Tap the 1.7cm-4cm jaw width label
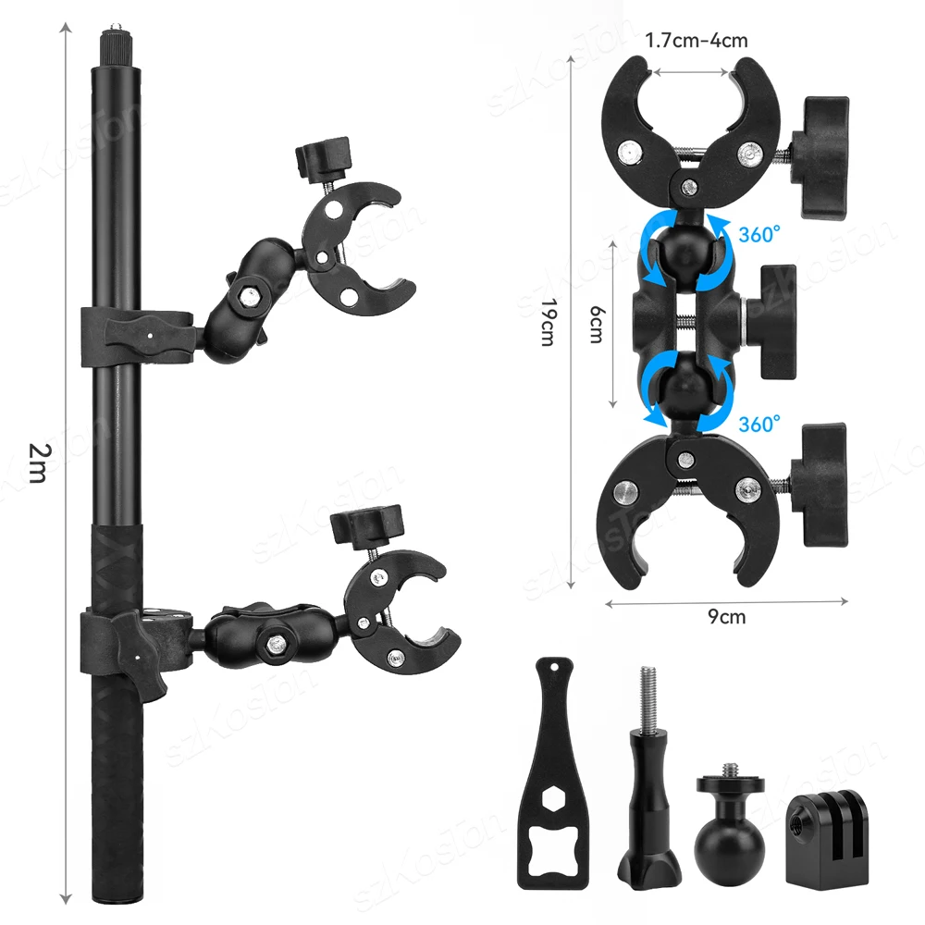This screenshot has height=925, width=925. pyautogui.click(x=697, y=41)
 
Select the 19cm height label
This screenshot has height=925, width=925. pyautogui.click(x=549, y=322)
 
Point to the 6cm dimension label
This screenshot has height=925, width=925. pyautogui.click(x=597, y=325)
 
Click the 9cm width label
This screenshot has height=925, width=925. pyautogui.click(x=727, y=616)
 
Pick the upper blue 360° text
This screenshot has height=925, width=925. pyautogui.click(x=759, y=234)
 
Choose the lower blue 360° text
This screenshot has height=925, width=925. pyautogui.click(x=759, y=424)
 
